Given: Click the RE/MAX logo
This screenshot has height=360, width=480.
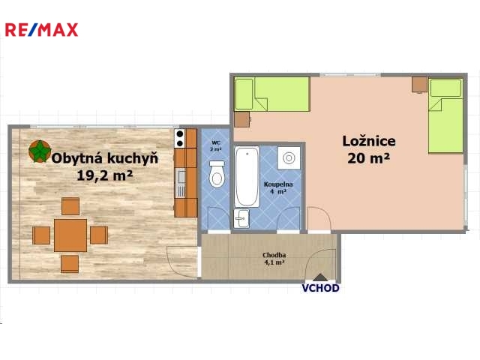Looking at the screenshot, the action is coord(42,30).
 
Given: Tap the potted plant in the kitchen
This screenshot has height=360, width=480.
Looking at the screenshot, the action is coord(40,151).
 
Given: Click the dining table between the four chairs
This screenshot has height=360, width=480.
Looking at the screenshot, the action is coord(70,235).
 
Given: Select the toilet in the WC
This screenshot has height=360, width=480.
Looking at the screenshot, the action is coord(217,174).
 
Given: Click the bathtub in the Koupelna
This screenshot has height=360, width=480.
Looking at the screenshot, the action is coord(247,177).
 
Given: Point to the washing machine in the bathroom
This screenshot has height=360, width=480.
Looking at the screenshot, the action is coord(289,158).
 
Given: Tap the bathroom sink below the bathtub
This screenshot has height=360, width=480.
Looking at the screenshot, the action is coord(241,218).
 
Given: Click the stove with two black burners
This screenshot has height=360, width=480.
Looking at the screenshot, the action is coord(180,138).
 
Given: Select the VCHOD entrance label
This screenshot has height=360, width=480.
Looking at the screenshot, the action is coord(320,288).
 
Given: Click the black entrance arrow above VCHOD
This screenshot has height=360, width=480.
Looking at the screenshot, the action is coord(320,277).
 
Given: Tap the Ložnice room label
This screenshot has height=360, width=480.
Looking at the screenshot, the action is coord(369,141).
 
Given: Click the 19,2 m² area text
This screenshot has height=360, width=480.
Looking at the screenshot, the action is coord(105,175).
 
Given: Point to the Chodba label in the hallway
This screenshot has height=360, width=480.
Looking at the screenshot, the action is coord(274,255).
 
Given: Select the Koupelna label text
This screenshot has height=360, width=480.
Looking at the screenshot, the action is coord(278,184).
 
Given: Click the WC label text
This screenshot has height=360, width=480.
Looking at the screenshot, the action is coord(216,142).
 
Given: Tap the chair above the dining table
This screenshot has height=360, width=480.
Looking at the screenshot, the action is coord(70,206).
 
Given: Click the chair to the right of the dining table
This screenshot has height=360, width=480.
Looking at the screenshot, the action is coord(99,235).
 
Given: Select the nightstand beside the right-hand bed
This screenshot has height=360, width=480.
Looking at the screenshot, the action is coord(419,85).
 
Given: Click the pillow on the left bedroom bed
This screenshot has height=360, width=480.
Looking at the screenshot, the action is coord(244,94).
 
